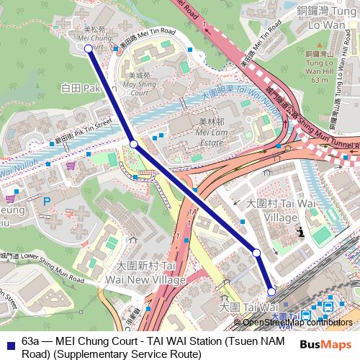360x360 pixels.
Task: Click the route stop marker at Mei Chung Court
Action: tap(89, 48)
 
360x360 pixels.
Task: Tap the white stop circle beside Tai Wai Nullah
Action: tap(133, 144)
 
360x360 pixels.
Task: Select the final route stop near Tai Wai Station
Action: tap(271, 291)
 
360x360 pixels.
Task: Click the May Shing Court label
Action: tap(140, 88)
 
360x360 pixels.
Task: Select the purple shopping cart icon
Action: tap(70, 165)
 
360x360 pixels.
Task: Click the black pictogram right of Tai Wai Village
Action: tap(301, 232)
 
